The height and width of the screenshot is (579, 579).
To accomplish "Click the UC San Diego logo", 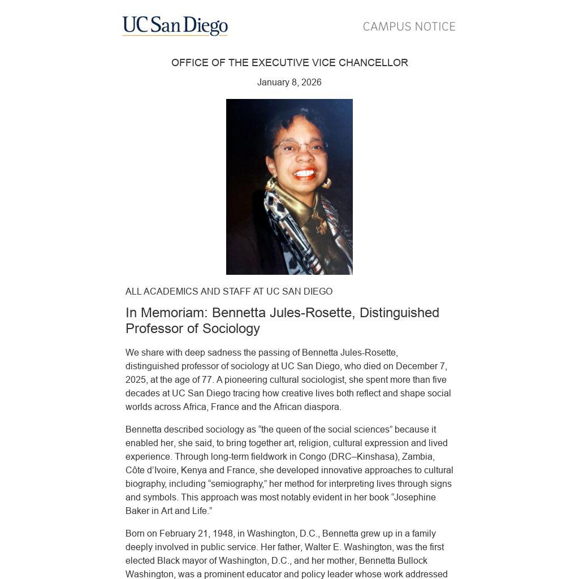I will click(175, 26).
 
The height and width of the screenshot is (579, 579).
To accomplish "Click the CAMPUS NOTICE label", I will click(409, 27).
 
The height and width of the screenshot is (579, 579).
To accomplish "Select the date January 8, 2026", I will click(289, 82).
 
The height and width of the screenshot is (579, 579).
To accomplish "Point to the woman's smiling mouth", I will click(304, 173).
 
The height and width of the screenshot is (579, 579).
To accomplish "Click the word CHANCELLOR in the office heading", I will click(373, 63).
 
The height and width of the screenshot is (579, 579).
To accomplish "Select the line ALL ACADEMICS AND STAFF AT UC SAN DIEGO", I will click(229, 291).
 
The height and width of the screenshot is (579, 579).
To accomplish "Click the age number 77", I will click(207, 379).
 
